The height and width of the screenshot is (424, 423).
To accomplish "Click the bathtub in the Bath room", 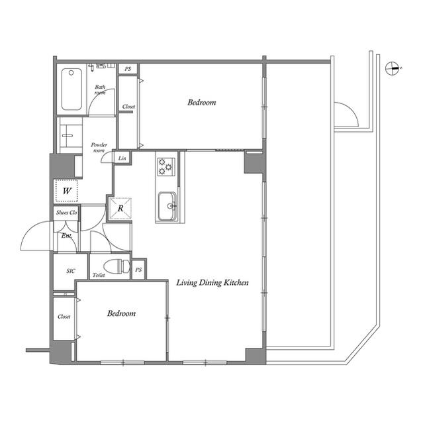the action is tap(71, 89).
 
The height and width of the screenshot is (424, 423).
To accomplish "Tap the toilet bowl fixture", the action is tap(117, 266).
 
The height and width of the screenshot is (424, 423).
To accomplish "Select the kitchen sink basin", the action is tap(167, 206).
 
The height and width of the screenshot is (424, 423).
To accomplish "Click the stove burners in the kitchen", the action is tap(165, 166).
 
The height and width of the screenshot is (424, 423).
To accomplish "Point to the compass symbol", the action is tap(393, 68).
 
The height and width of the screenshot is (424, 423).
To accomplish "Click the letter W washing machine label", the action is tap(67, 191).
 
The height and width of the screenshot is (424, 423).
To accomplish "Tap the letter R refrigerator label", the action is tap(120, 208).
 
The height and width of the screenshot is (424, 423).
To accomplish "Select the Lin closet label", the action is tap(122, 158).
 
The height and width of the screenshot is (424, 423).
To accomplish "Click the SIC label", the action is tap(71, 271).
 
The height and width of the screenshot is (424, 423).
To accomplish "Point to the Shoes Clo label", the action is tap(66, 213).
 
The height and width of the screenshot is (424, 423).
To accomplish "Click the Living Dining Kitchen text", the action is tap(212, 283).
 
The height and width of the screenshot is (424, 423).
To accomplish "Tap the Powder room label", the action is tap(99, 148).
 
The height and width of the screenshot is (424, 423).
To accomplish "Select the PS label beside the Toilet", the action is tap(138, 270).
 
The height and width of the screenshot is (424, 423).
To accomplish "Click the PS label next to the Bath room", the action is tap(128, 69).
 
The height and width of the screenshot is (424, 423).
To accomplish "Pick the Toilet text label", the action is tap(99, 276).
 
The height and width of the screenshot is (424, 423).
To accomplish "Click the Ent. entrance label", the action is tap(66, 236).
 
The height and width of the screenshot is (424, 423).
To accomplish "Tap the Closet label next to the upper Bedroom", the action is tap(128, 107).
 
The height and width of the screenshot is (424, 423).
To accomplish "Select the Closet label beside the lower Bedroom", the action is tap(64, 317).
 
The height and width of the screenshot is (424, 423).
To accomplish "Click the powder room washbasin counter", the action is tap(71, 135).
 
